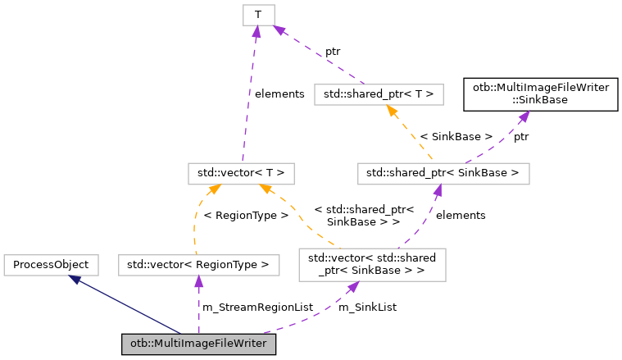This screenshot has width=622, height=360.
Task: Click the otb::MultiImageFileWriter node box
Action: [x=198, y=344]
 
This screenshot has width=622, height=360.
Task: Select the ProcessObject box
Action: [x=52, y=265]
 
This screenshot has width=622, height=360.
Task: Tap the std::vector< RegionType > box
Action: [x=198, y=265]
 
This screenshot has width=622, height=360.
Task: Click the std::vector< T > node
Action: [x=241, y=173]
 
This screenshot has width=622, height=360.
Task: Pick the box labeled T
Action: [x=258, y=14]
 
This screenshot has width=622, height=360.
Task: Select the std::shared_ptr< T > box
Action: [x=379, y=94]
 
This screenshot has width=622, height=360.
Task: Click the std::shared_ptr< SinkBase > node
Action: [x=443, y=173]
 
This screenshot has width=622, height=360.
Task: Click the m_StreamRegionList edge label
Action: [x=257, y=307]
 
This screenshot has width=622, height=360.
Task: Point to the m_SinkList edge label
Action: [x=367, y=307]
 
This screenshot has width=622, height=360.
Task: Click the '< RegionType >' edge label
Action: [x=246, y=215]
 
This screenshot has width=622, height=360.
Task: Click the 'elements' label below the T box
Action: [x=279, y=94]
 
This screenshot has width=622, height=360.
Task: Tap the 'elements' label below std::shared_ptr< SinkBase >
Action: [x=461, y=215]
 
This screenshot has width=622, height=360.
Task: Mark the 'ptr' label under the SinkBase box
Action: [x=521, y=136]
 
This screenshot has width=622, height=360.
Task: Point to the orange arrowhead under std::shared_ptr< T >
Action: [x=393, y=111]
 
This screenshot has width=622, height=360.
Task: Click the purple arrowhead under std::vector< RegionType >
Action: [x=198, y=281]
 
